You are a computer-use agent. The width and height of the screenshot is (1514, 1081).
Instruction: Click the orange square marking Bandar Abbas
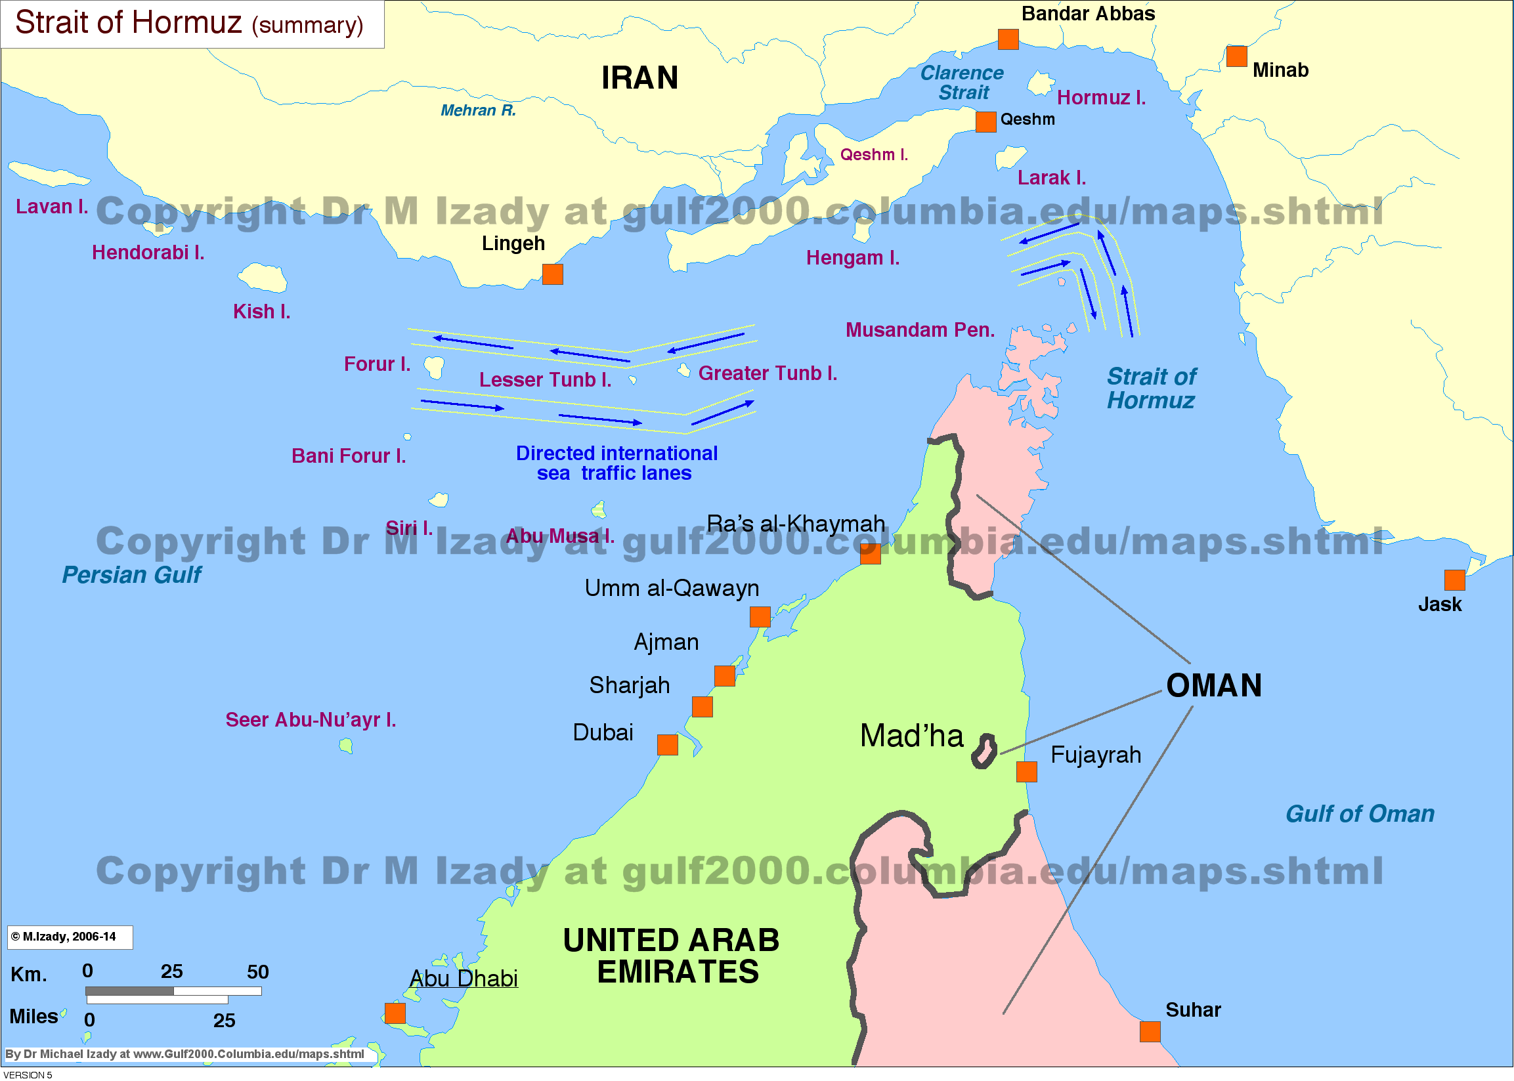1008,39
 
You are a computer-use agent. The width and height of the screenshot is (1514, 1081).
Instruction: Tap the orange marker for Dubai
667,745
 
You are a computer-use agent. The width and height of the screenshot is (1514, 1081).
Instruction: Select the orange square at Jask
1455,580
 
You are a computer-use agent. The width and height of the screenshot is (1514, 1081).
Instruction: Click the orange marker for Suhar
1150,1032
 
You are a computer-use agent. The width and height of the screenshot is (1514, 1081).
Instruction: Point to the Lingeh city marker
553,274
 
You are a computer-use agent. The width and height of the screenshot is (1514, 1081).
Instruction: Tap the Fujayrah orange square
1027,772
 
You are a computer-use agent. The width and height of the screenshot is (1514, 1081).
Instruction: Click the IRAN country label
640,78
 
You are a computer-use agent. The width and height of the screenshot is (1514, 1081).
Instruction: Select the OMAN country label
1214,686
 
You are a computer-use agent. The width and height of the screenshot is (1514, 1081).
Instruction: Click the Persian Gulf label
132,575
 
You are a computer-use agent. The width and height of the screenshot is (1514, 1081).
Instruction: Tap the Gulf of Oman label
1360,814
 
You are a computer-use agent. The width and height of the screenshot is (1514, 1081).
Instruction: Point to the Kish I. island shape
264,278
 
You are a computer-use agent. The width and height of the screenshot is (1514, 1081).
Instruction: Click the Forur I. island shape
434,366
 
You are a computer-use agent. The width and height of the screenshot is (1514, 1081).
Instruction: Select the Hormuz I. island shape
1040,84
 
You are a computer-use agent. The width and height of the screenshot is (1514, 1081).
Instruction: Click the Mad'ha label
911,736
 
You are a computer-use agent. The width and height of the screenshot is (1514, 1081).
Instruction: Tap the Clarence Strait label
962,83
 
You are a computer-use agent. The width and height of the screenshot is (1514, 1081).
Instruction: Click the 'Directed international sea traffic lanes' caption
616,463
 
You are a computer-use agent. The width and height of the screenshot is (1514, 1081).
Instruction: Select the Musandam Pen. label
919,330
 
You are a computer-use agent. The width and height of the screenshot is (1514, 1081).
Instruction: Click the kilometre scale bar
173,991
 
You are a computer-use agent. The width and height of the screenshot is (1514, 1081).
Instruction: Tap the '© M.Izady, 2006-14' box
69,937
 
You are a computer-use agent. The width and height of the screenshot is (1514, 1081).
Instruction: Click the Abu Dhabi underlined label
464,979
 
